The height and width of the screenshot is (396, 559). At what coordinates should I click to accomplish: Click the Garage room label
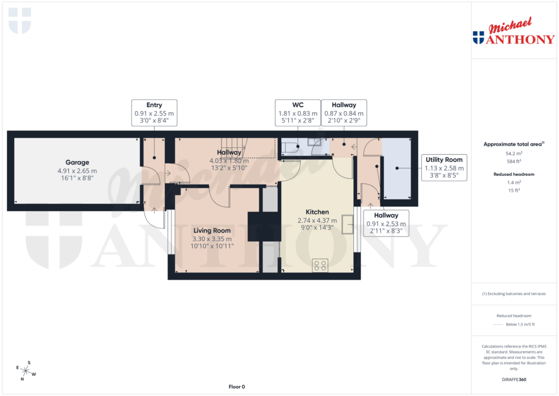77,162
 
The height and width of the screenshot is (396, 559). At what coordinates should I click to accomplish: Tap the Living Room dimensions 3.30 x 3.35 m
212,239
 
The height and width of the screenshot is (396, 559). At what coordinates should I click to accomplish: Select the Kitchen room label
317,212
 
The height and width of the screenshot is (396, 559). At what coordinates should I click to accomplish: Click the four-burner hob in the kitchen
320,266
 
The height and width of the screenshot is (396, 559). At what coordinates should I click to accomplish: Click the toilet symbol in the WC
289,146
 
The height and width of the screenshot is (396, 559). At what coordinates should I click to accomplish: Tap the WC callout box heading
298,105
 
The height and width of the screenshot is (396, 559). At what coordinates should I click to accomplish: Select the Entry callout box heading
154,105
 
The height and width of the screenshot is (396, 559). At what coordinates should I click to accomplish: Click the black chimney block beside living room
263,226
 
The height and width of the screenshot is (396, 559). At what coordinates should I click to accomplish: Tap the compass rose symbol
26,371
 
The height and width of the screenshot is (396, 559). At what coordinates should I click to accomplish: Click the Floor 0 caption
236,387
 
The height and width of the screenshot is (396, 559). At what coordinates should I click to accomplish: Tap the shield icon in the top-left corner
20,20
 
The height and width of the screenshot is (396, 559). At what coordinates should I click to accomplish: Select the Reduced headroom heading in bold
513,174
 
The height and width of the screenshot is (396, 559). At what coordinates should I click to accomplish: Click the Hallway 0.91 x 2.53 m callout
386,223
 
